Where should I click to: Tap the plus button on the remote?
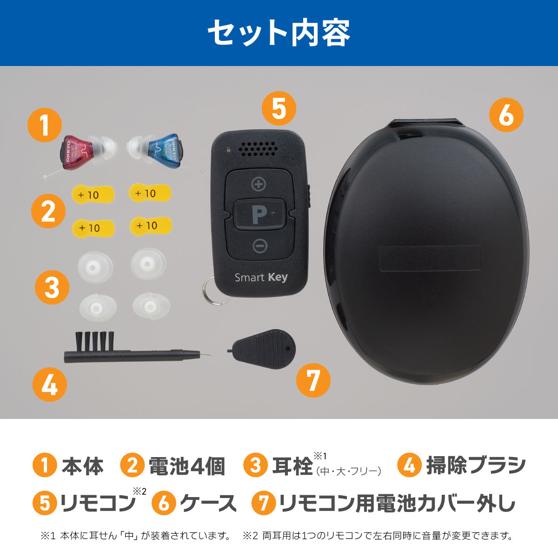coord(258,184)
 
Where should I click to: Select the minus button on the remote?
coord(260,246)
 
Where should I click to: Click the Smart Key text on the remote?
coord(261,278)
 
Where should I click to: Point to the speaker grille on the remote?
coord(258,149)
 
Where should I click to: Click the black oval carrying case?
coord(426,252)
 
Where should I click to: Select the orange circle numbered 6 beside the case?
coord(506,115)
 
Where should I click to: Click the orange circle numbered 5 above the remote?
coord(279,108)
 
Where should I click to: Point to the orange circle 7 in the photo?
coord(313,380)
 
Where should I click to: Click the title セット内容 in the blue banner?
coord(279,33)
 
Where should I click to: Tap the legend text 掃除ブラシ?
coord(476,465)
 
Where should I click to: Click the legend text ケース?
coord(208,503)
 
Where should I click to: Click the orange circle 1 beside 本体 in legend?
coord(45,465)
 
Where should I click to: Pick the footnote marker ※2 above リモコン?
coord(139,491)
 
